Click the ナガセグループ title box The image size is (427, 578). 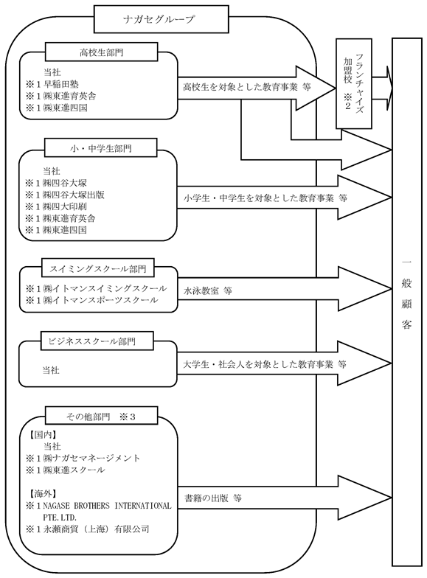click(161, 19)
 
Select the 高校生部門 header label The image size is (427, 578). click(102, 52)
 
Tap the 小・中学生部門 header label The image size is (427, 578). click(100, 148)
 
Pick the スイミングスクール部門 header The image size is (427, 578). click(97, 268)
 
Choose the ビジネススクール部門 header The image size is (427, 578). click(91, 341)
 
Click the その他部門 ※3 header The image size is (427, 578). click(102, 417)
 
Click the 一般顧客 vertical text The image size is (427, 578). click(407, 294)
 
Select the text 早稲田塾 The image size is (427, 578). click(61, 84)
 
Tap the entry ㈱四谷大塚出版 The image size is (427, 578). click(74, 195)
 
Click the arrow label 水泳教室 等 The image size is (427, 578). click(208, 290)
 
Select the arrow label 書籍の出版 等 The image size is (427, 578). click(213, 498)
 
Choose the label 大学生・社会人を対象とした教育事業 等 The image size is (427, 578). click(265, 364)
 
